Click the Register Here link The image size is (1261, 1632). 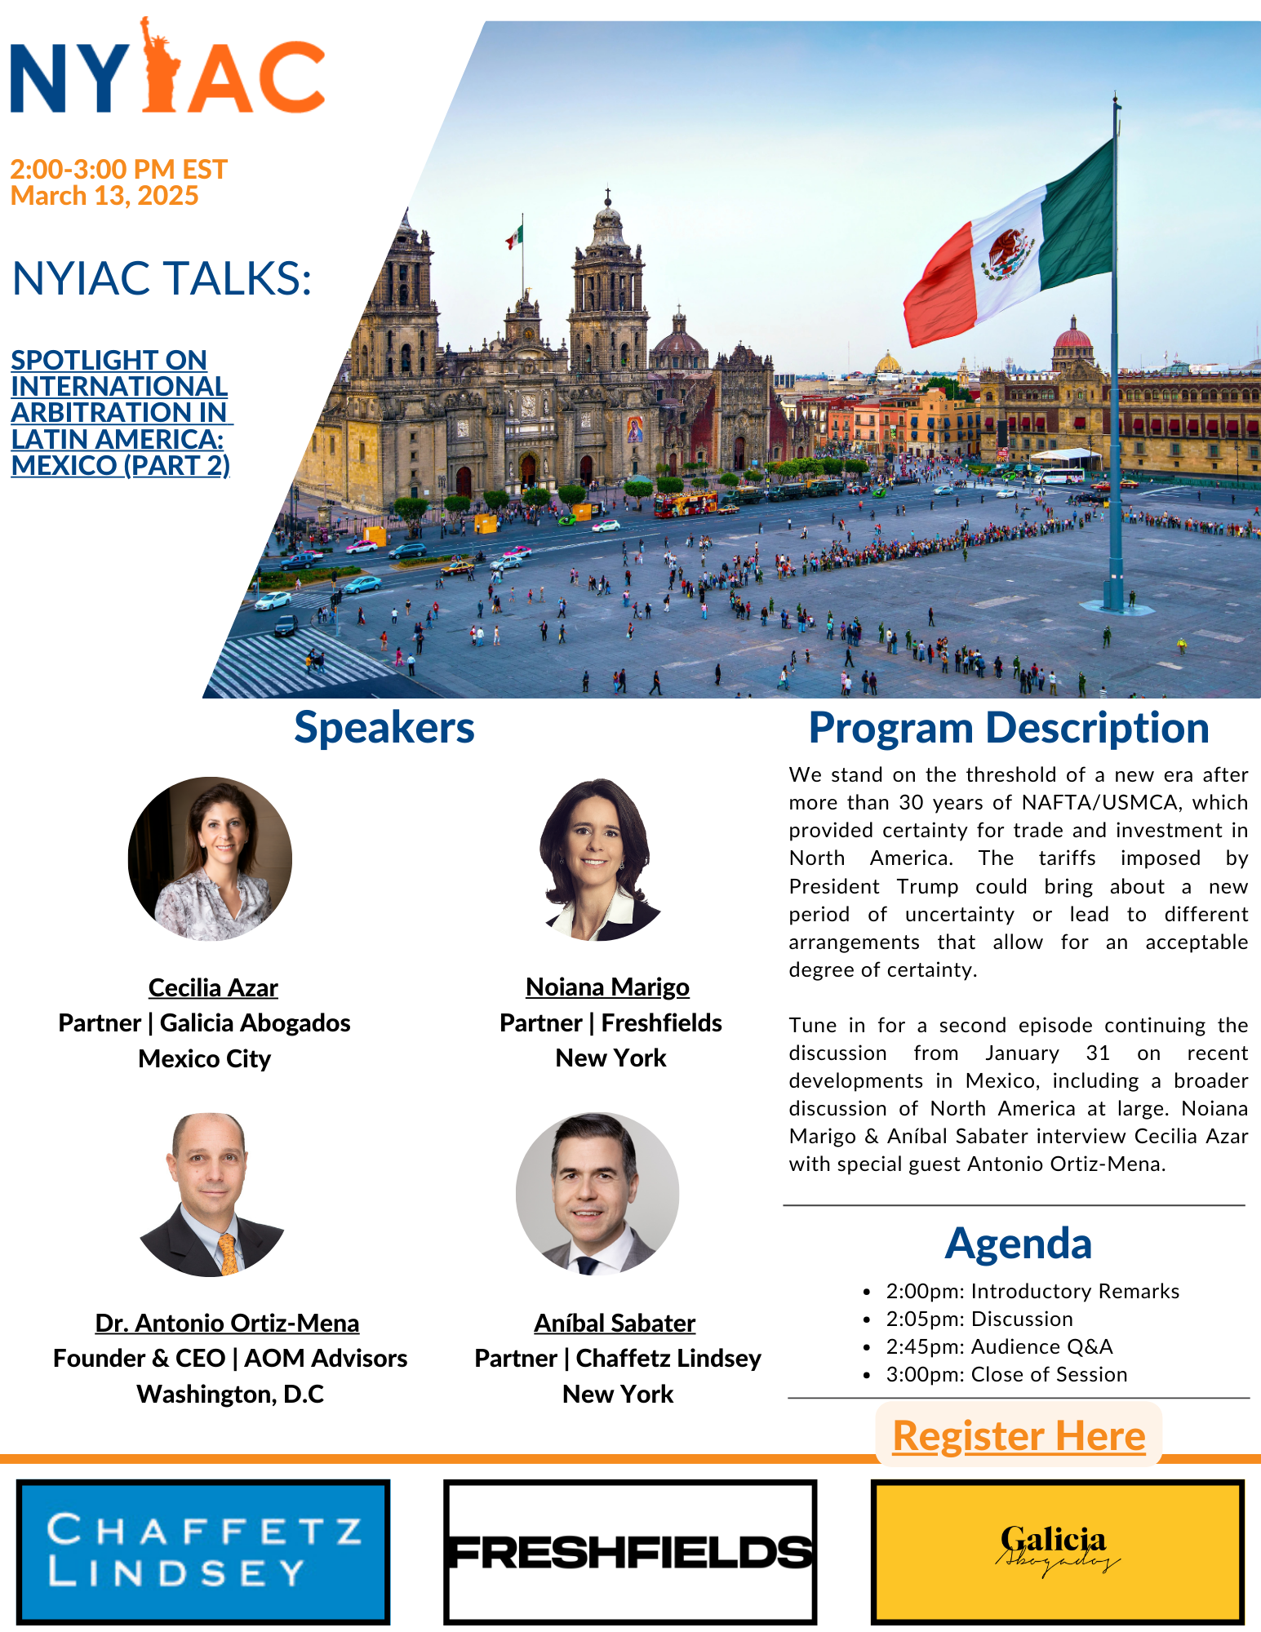[1019, 1435]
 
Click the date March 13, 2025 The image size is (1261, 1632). [104, 196]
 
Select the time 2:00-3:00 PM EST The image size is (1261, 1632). [118, 169]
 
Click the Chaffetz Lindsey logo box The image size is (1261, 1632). [203, 1551]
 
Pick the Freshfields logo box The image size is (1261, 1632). [630, 1551]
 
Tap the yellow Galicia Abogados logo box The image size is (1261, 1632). [1058, 1551]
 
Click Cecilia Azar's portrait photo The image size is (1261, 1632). [210, 858]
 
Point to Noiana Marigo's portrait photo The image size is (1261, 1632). [598, 858]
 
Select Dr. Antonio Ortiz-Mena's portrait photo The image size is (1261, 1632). [211, 1194]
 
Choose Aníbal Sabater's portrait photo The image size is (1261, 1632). [597, 1194]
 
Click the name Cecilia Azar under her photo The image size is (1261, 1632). [213, 987]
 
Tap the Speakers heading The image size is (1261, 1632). [384, 727]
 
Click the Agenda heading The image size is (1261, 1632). [1019, 1243]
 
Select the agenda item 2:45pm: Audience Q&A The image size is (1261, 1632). [999, 1346]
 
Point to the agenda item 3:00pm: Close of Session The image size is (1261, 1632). [1006, 1374]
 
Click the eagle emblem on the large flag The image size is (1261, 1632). [1007, 254]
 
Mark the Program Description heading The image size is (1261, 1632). [1009, 727]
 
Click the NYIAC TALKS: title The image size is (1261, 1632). [162, 278]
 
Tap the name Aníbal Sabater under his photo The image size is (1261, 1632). [615, 1323]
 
